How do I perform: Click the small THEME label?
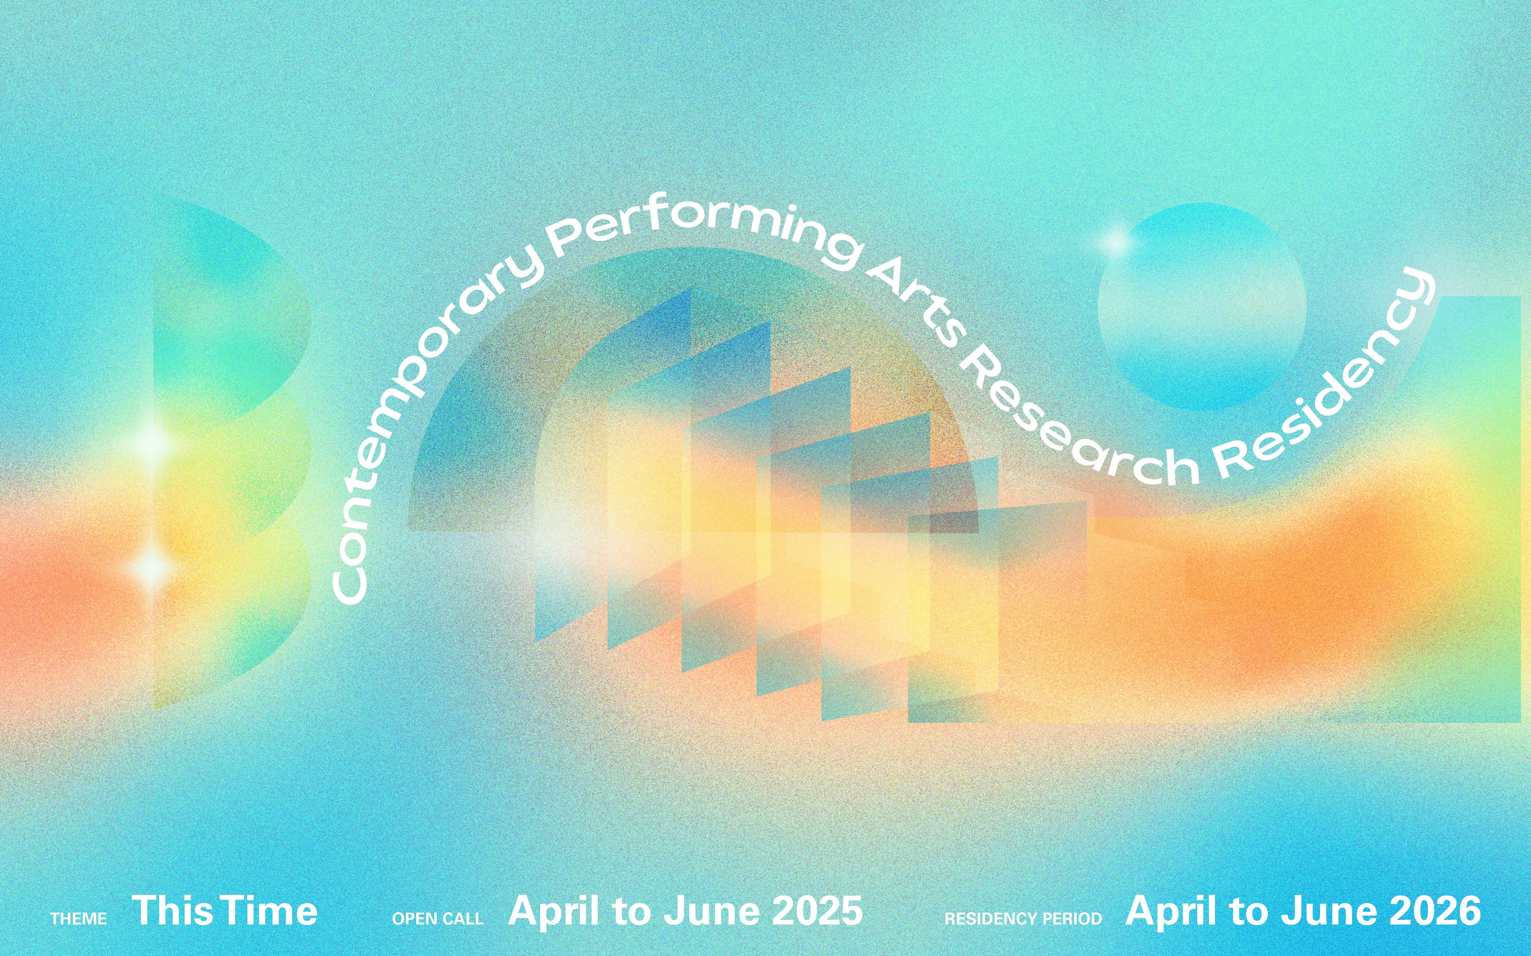pos(78,919)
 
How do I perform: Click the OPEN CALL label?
pos(438,919)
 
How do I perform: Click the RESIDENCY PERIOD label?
pos(1023,919)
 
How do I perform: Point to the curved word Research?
pos(1075,430)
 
